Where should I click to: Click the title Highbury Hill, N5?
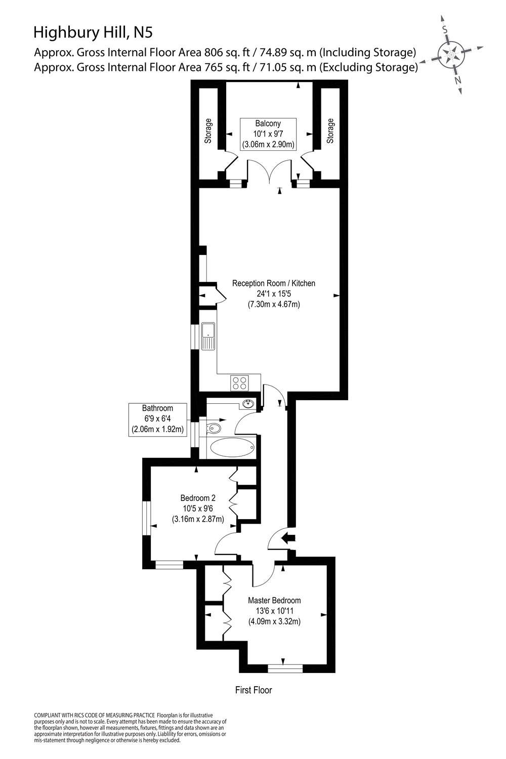(x=92, y=33)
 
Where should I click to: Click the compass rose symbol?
(x=451, y=53)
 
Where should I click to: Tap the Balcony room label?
(x=268, y=123)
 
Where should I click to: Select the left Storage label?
(x=208, y=131)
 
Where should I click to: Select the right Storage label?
(x=330, y=131)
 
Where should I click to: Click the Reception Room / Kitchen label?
(x=273, y=283)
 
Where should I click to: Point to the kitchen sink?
(x=208, y=336)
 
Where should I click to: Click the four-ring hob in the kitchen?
(x=239, y=383)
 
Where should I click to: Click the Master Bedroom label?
(x=274, y=601)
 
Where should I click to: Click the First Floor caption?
(x=254, y=690)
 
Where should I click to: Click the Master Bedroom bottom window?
(x=285, y=668)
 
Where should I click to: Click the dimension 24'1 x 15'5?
(x=273, y=294)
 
